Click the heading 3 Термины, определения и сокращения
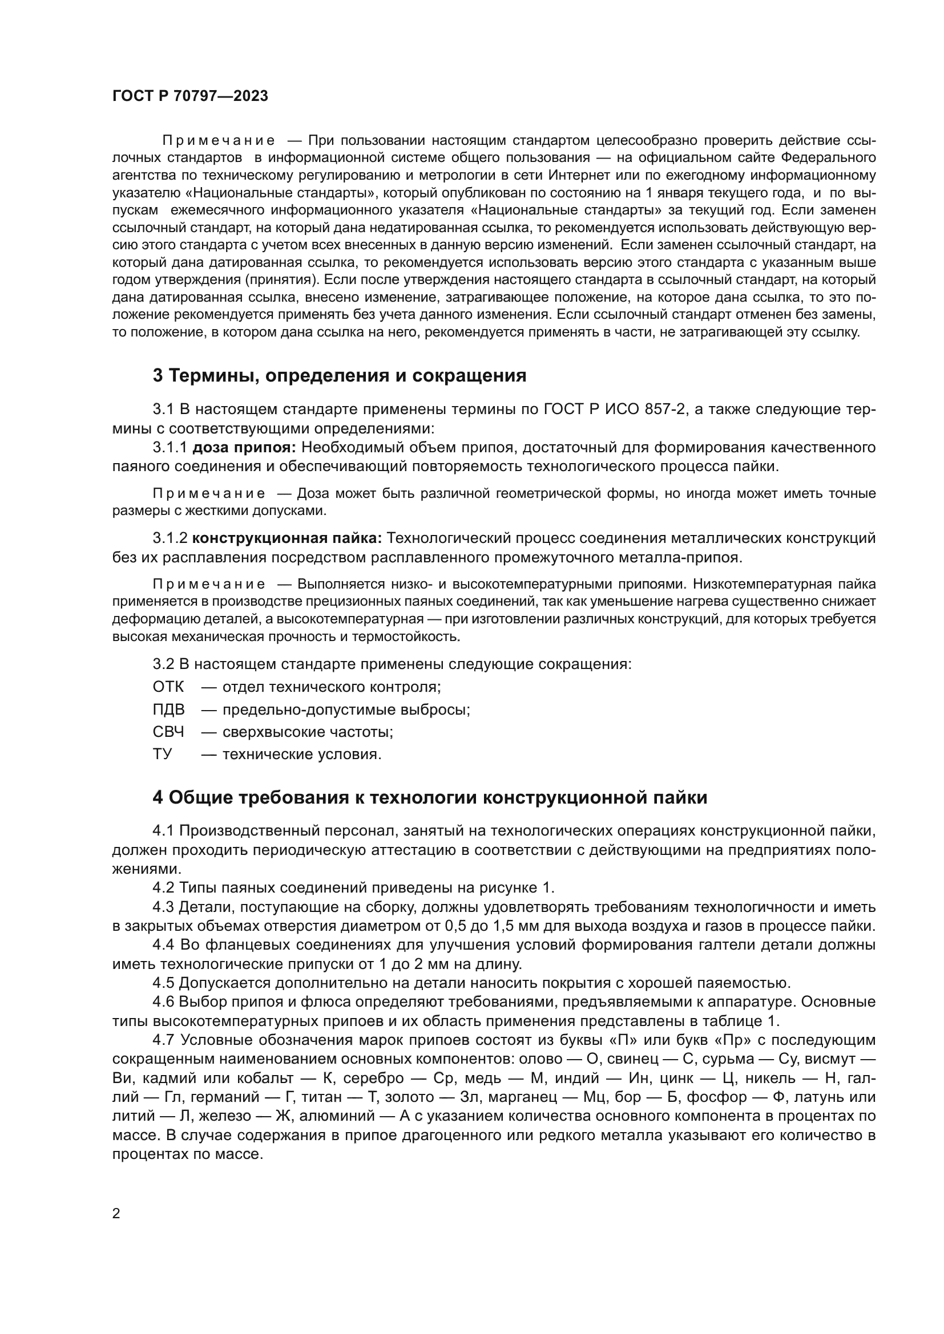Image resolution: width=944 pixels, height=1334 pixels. point(340,376)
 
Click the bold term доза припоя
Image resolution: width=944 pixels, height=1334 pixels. point(245,447)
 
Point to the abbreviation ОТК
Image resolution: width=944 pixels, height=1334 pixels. point(168,687)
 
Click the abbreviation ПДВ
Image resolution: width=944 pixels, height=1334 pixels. point(168,709)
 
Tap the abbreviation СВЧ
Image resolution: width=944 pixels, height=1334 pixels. point(168,732)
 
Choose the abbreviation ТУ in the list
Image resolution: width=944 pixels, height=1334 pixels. point(162,755)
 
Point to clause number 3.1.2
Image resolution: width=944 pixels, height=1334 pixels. point(170,538)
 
